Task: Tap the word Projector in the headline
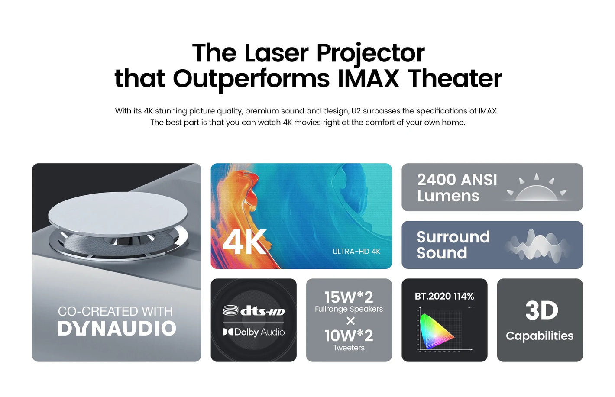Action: (x=371, y=54)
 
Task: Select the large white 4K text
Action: (x=244, y=242)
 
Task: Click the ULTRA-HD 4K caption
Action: (x=356, y=251)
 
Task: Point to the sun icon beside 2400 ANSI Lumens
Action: (x=537, y=188)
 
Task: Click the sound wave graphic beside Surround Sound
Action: (x=537, y=245)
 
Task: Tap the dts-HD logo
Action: (x=253, y=311)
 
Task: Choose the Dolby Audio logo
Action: (x=253, y=332)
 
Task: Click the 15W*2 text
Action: (x=349, y=297)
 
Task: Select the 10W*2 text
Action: (x=349, y=336)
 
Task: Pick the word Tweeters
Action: (x=349, y=348)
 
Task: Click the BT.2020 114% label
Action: (x=444, y=296)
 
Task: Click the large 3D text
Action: (x=541, y=310)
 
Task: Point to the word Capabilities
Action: (x=540, y=336)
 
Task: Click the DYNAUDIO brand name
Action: (x=117, y=329)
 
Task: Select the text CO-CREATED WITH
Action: (x=115, y=311)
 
